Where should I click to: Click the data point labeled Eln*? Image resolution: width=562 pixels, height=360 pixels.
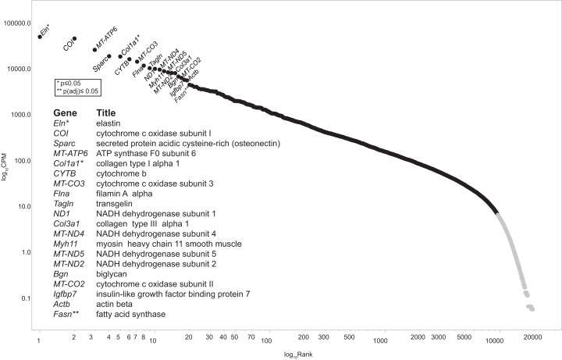pyautogui.click(x=40, y=37)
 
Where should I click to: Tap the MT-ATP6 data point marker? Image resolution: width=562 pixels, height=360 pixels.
pyautogui.click(x=94, y=50)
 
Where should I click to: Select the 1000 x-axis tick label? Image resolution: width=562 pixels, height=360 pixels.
pyautogui.click(x=381, y=340)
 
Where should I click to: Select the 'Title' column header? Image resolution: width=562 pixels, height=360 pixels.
pyautogui.click(x=106, y=112)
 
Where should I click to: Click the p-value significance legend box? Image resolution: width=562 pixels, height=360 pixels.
pyautogui.click(x=77, y=87)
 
